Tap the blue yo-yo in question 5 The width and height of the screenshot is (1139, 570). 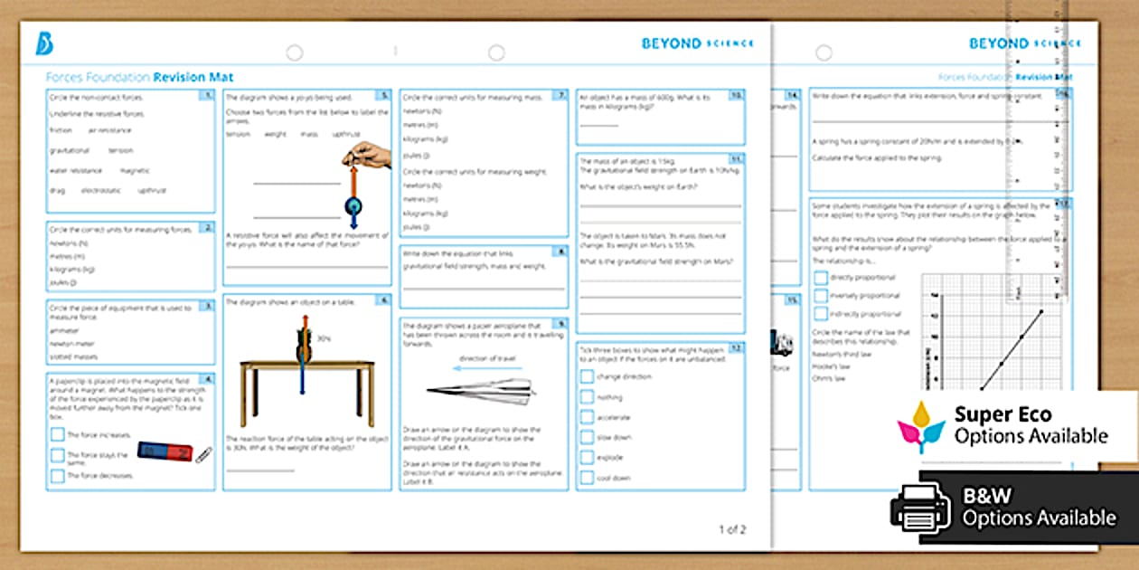coord(351,207)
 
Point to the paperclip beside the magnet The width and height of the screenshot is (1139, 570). coord(203,454)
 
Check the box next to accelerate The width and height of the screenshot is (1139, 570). coord(588,417)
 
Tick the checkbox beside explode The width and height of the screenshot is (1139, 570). coord(588,458)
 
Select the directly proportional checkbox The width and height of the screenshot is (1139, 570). coord(820,278)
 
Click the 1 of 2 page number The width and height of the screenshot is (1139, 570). coord(732,529)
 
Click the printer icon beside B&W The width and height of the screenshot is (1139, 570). coord(920,507)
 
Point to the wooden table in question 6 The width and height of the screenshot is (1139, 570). coord(306,381)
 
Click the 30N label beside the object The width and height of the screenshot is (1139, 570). coord(323,338)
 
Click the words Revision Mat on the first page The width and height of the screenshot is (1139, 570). coord(193,78)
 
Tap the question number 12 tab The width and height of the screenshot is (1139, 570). coord(738,347)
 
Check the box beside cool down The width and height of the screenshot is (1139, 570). coord(588,478)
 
